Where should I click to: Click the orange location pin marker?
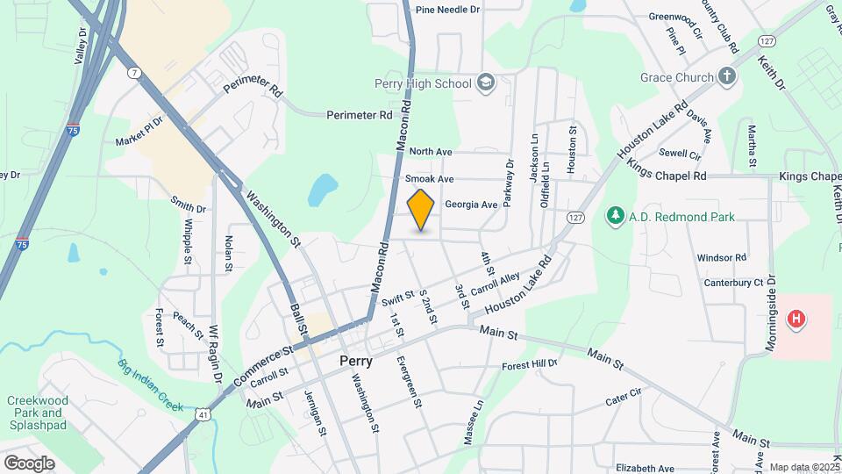[x=421, y=209]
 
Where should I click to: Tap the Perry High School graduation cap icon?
[x=486, y=83]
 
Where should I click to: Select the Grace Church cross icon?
[x=727, y=76]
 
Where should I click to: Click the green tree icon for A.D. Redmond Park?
[x=616, y=215]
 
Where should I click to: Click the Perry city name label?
[x=356, y=361]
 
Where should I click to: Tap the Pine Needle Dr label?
[x=448, y=10]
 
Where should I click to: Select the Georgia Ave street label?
[x=471, y=205]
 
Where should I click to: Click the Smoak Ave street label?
[x=429, y=178]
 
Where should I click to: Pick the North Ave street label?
[x=430, y=152]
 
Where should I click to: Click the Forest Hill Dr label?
[x=530, y=364]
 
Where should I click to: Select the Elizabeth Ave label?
[x=645, y=469]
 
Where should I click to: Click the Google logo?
[x=29, y=463]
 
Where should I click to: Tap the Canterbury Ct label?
[x=734, y=283]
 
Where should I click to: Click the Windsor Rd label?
[x=721, y=258]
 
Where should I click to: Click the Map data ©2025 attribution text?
[x=803, y=468]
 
